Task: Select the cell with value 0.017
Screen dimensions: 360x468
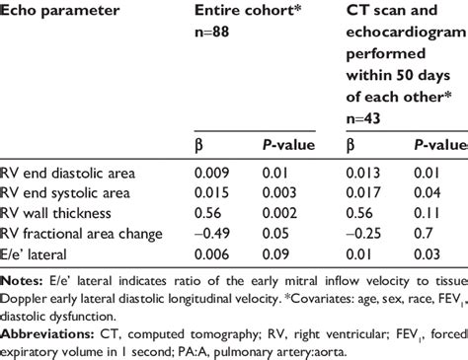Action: (x=365, y=192)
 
